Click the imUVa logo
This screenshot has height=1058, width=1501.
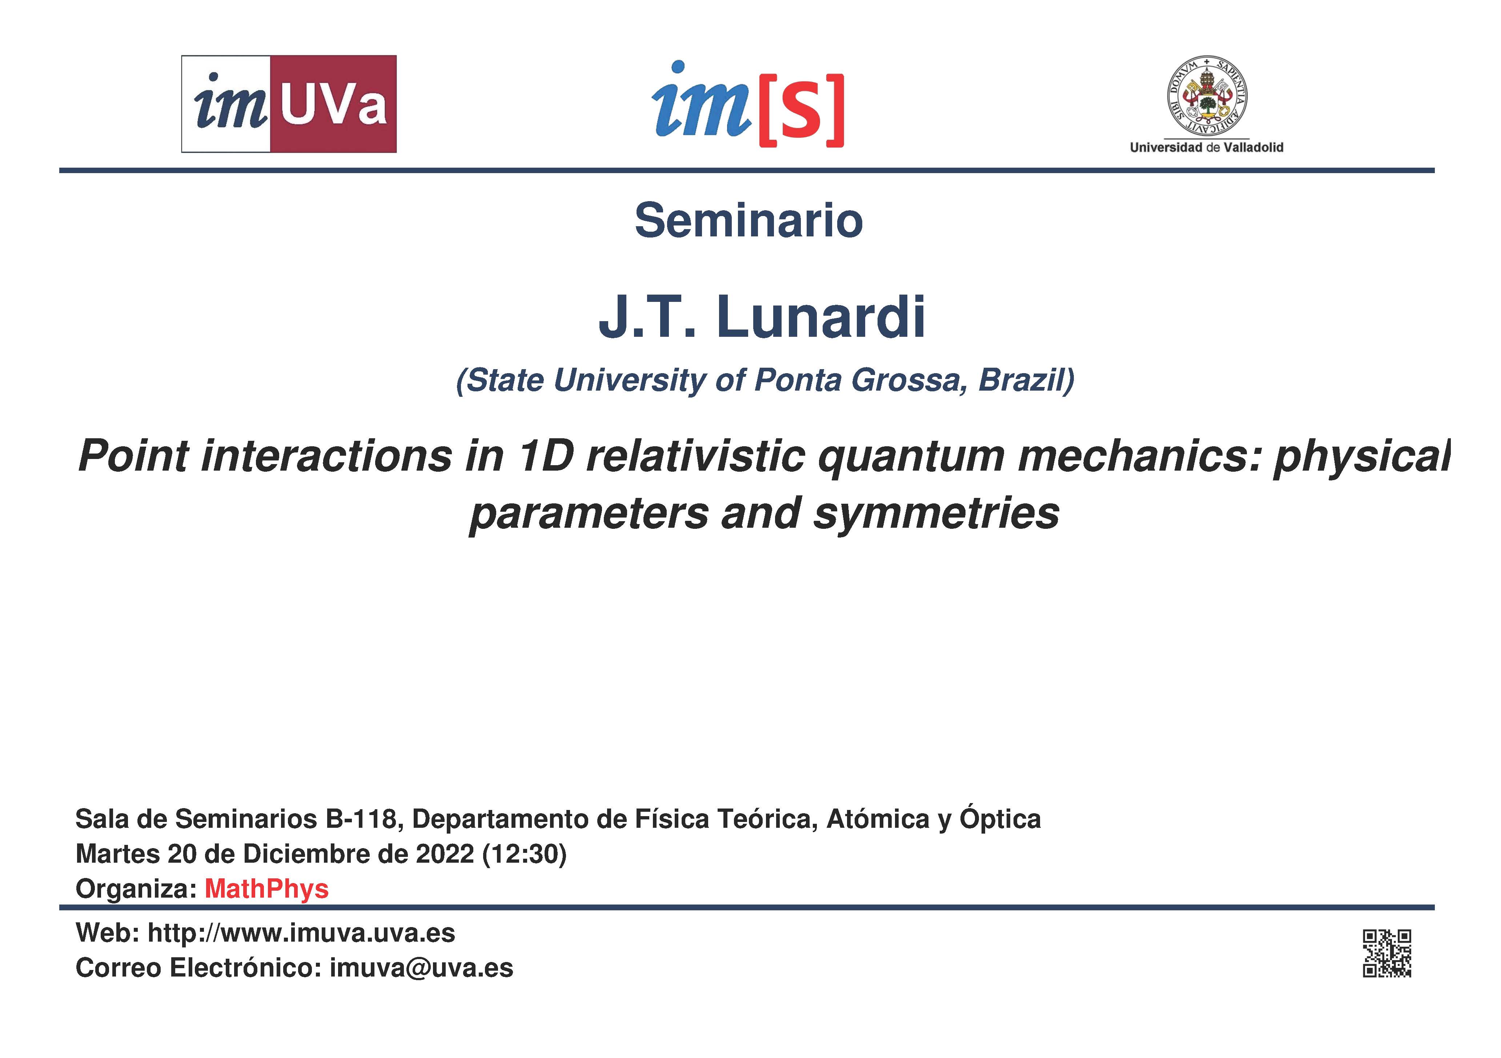[289, 104]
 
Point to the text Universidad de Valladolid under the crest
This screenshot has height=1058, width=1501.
[1207, 148]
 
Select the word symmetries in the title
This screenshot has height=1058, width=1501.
[936, 514]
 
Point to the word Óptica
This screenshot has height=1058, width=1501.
[1000, 819]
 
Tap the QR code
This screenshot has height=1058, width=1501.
[1387, 953]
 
